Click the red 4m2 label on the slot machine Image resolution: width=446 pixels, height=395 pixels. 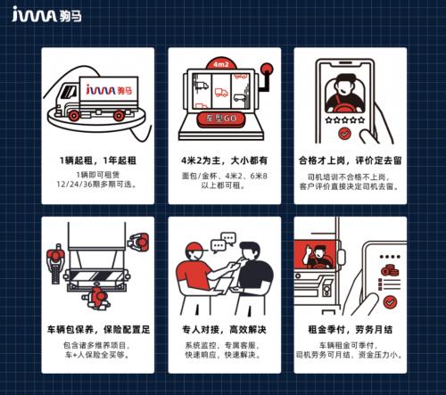pyautogui.click(x=224, y=65)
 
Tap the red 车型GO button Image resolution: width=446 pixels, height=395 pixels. pyautogui.click(x=223, y=118)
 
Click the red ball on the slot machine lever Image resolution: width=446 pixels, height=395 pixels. pyautogui.click(x=267, y=70)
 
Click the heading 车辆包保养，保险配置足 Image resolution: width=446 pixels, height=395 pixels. pyautogui.click(x=97, y=329)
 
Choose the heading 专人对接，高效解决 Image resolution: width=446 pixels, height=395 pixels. pyautogui.click(x=224, y=329)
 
